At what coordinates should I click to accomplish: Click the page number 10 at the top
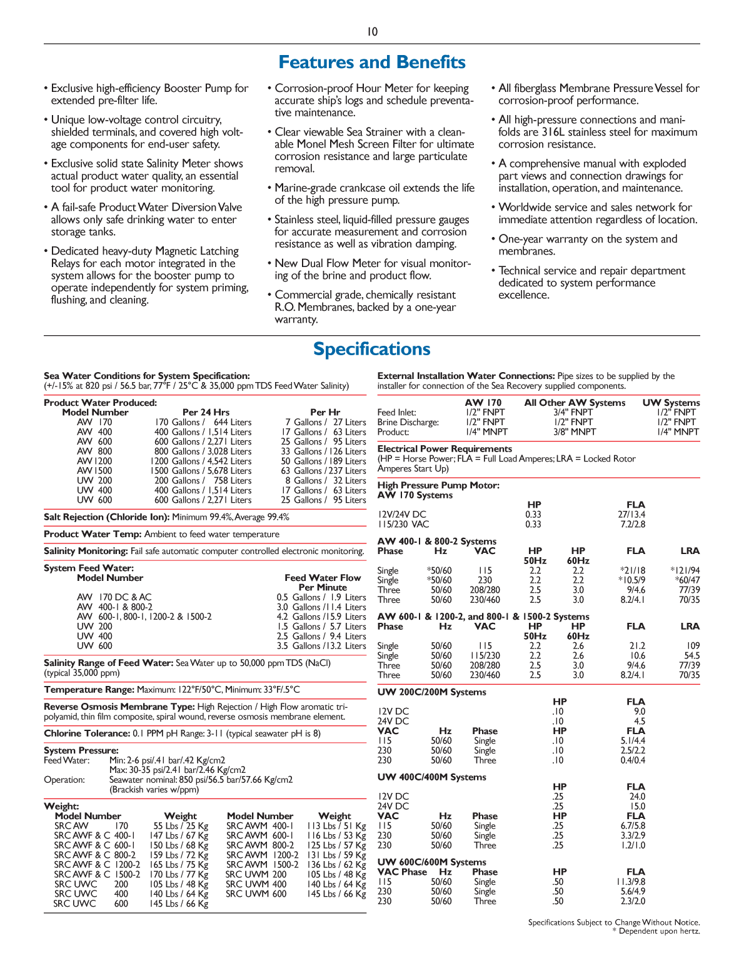pos(372,32)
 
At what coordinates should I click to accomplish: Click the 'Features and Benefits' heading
pos(372,63)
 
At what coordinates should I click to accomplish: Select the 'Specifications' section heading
pos(372,349)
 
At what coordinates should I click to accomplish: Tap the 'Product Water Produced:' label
pos(100,403)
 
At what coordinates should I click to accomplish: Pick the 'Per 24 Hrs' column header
pos(206,412)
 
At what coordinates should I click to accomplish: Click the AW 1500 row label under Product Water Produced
pos(94,471)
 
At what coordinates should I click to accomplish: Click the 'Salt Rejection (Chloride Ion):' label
pos(107,517)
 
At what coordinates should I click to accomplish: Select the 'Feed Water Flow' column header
pos(323,578)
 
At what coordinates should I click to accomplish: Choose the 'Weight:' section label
pos(61,806)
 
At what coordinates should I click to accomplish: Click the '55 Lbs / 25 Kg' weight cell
pos(181,826)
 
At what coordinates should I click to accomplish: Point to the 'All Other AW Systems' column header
pos(575,403)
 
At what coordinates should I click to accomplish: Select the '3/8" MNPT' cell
pos(575,431)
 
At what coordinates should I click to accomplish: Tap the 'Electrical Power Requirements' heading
pos(445,449)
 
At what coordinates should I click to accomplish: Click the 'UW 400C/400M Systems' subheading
pos(431,777)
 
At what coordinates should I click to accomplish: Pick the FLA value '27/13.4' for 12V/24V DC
pos(631,515)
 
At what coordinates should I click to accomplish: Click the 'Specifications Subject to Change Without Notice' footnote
pos(613,922)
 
